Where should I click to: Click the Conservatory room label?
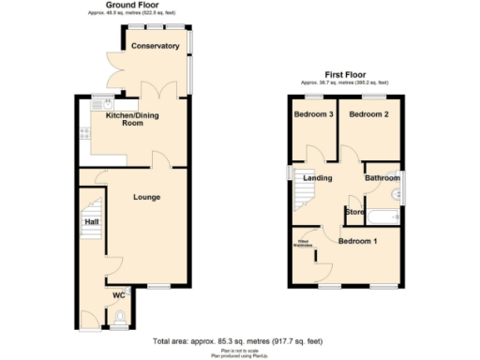[155, 46]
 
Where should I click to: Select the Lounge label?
[146, 197]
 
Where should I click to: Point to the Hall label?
[92, 221]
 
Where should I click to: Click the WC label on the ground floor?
[120, 296]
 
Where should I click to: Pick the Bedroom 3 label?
[313, 114]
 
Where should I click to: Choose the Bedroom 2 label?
[368, 114]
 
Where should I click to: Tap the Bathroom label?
[382, 177]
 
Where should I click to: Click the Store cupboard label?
[354, 211]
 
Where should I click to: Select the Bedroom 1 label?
[357, 241]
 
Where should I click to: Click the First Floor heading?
[345, 74]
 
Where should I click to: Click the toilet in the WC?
[118, 323]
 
